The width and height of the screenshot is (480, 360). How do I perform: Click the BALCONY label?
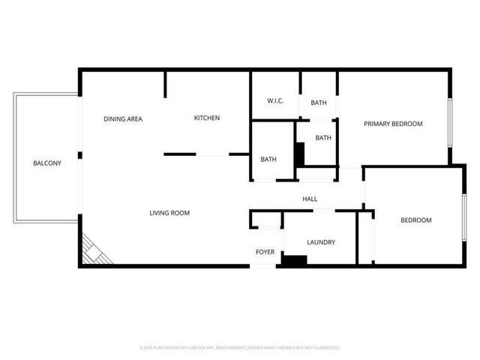click(46, 163)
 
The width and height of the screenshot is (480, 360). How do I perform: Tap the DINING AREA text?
click(123, 118)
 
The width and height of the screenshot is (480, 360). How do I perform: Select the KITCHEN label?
click(206, 118)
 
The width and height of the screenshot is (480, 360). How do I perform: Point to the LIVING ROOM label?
click(169, 213)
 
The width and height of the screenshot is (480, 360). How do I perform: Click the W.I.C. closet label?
click(275, 101)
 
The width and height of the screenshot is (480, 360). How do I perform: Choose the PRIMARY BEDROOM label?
click(393, 124)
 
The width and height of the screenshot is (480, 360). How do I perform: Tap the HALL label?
click(310, 199)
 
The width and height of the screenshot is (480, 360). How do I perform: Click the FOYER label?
click(265, 252)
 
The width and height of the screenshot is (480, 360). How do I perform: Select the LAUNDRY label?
click(321, 242)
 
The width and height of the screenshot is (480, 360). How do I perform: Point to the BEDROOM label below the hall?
click(415, 220)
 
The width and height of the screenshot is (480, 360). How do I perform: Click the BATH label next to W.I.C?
click(318, 102)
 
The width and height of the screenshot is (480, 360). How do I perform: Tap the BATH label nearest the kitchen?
click(268, 159)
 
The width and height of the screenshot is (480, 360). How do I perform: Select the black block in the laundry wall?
click(294, 260)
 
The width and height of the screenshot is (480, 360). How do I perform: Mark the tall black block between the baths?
click(299, 154)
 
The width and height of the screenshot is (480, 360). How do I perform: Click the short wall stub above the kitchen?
click(165, 85)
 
